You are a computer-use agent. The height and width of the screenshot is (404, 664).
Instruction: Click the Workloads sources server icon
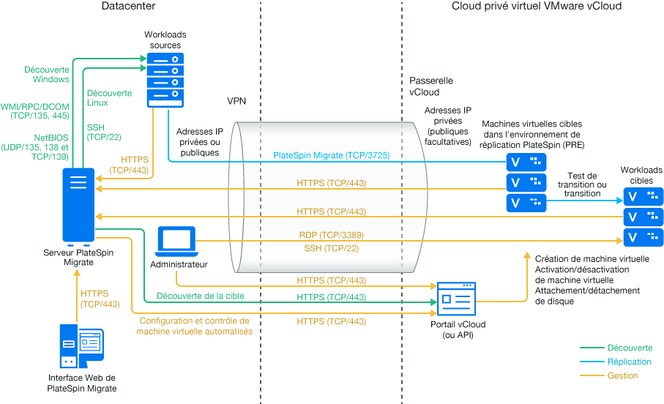(x=165, y=79)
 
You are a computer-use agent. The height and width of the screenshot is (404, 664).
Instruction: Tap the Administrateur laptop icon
(x=177, y=242)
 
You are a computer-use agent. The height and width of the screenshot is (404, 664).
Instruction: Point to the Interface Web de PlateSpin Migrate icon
(x=81, y=348)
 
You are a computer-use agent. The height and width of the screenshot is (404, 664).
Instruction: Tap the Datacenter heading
(x=129, y=7)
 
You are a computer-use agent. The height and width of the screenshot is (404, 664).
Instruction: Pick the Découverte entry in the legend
(x=630, y=348)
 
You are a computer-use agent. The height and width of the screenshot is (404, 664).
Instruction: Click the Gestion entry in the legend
(x=622, y=375)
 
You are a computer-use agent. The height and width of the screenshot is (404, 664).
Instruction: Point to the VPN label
(x=236, y=100)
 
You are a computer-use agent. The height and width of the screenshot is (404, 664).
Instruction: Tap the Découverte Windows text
(x=47, y=74)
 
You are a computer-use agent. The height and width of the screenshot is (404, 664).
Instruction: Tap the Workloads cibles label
(x=641, y=175)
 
